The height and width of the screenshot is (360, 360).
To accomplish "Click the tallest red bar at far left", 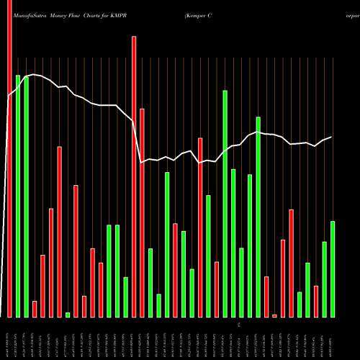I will pyautogui.click(x=9, y=158).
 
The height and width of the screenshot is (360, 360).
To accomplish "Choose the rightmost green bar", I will pyautogui.click(x=333, y=269).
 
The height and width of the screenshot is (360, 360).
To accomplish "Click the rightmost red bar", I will pyautogui.click(x=316, y=302).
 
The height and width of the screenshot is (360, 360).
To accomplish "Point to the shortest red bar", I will pyautogui.click(x=274, y=315).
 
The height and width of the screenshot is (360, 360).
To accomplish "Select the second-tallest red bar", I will pyautogui.click(x=134, y=177).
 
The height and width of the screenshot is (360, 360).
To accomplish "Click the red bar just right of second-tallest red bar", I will pyautogui.click(x=142, y=213).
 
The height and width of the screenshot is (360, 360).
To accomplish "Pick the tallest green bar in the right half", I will pyautogui.click(x=225, y=204).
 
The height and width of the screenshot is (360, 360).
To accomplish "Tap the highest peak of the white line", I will pyautogui.click(x=34, y=74).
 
